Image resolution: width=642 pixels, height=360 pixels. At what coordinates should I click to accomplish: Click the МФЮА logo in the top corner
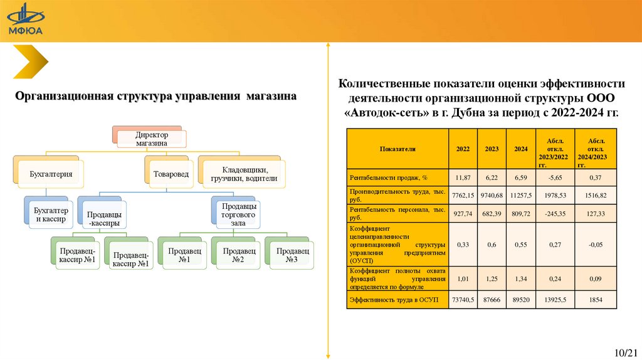click(25, 20)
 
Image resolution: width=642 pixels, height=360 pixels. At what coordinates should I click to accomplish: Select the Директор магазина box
click(152, 139)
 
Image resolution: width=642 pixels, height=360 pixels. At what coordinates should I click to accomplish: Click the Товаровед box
click(172, 173)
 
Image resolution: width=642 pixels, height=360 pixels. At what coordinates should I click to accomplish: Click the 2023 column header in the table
click(492, 149)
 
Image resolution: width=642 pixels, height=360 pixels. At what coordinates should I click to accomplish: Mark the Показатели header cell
click(397, 149)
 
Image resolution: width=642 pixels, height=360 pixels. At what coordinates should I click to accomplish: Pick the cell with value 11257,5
click(520, 196)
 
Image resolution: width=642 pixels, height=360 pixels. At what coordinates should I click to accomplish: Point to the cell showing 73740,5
click(463, 300)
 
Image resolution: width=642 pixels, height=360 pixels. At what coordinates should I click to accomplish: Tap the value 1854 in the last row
click(595, 300)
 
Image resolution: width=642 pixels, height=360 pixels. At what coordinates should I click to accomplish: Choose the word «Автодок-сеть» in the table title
click(384, 113)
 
